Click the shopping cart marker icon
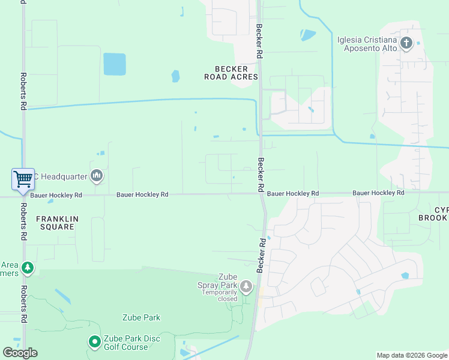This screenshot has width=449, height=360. click(x=23, y=178)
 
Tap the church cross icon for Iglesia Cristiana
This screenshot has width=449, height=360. click(x=406, y=43)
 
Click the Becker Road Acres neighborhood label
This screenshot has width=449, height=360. click(x=231, y=73)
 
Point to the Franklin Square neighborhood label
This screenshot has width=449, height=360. click(x=58, y=223)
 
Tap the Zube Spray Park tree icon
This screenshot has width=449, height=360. click(x=246, y=287)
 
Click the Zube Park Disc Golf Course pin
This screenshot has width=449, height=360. click(x=94, y=343)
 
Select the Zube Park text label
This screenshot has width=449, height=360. click(x=141, y=317)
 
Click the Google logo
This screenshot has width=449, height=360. click(x=20, y=353)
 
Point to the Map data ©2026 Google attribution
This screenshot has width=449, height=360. click(x=411, y=355)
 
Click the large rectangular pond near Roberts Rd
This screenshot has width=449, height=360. click(x=115, y=64)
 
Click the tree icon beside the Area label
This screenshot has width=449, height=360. click(x=27, y=268)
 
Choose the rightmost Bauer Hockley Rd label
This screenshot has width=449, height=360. click(x=378, y=193)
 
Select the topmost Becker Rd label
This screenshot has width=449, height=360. click(x=259, y=41)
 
